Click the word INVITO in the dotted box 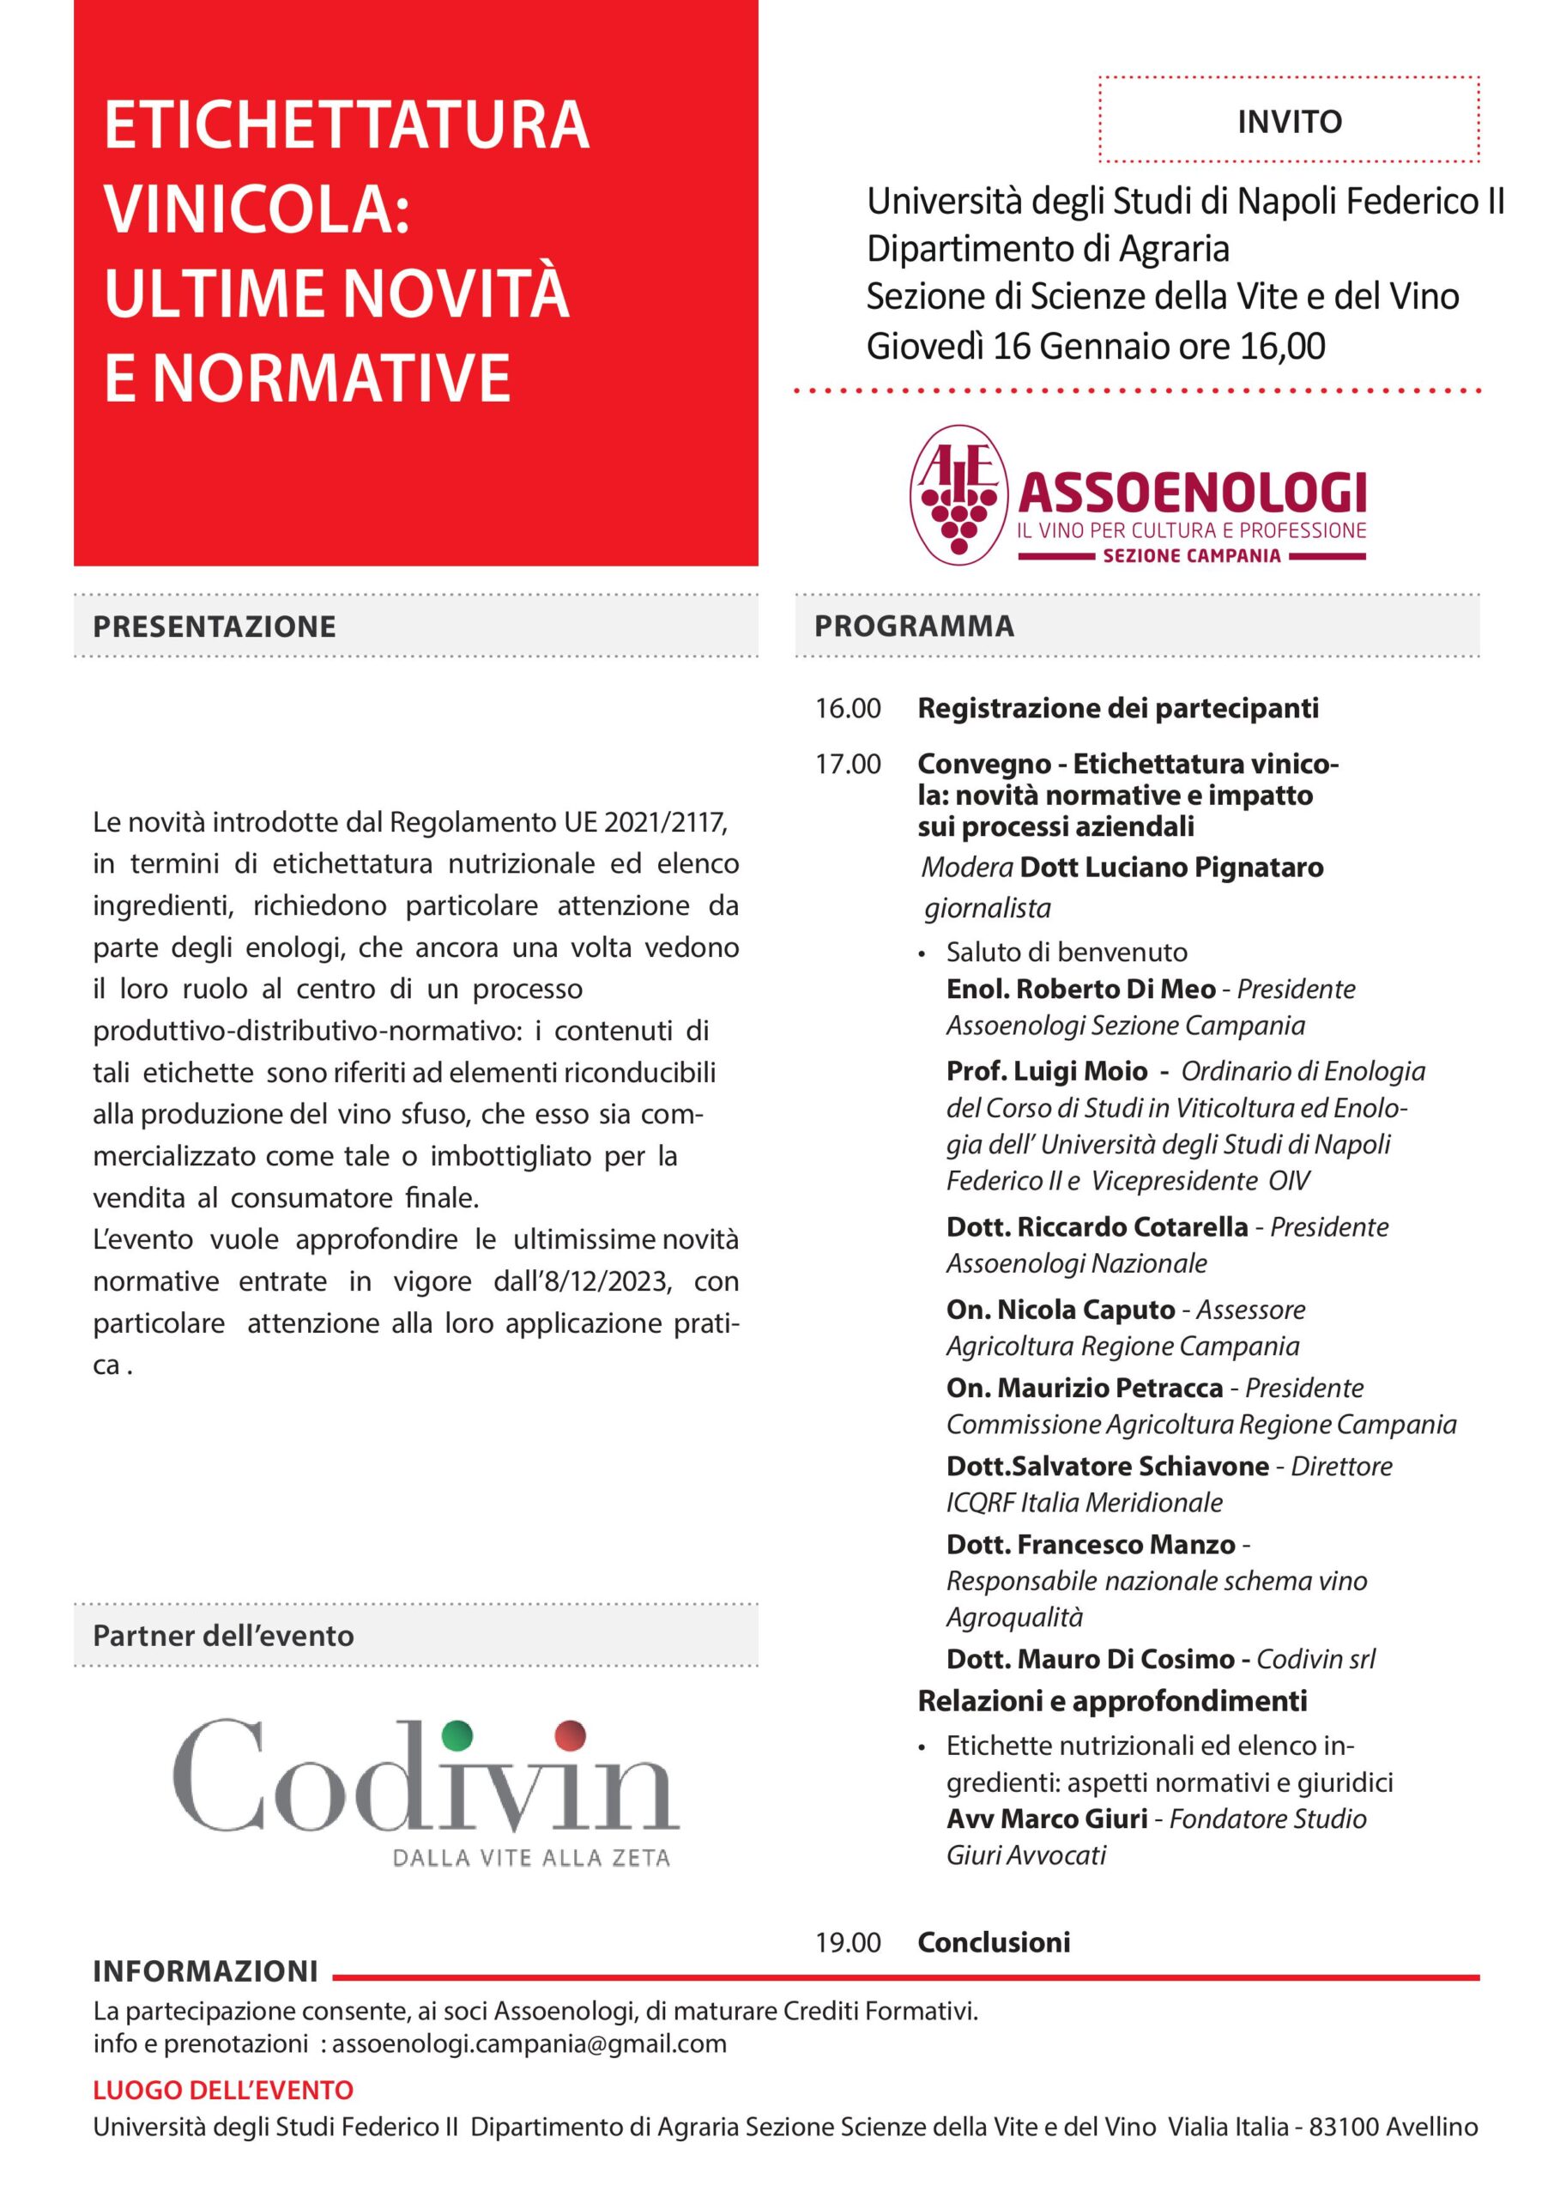(1289, 123)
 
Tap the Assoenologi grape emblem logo (958, 493)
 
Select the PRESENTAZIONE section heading (215, 626)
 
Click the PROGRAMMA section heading (914, 626)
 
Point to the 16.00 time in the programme (848, 709)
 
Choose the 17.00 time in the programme (848, 765)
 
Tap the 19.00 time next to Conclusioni (848, 1941)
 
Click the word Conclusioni (994, 1941)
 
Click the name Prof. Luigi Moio (1046, 1071)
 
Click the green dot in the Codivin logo (459, 1732)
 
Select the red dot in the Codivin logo (571, 1732)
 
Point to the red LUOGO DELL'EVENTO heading (223, 2090)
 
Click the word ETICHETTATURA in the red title (347, 124)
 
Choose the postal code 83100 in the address (1343, 2127)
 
